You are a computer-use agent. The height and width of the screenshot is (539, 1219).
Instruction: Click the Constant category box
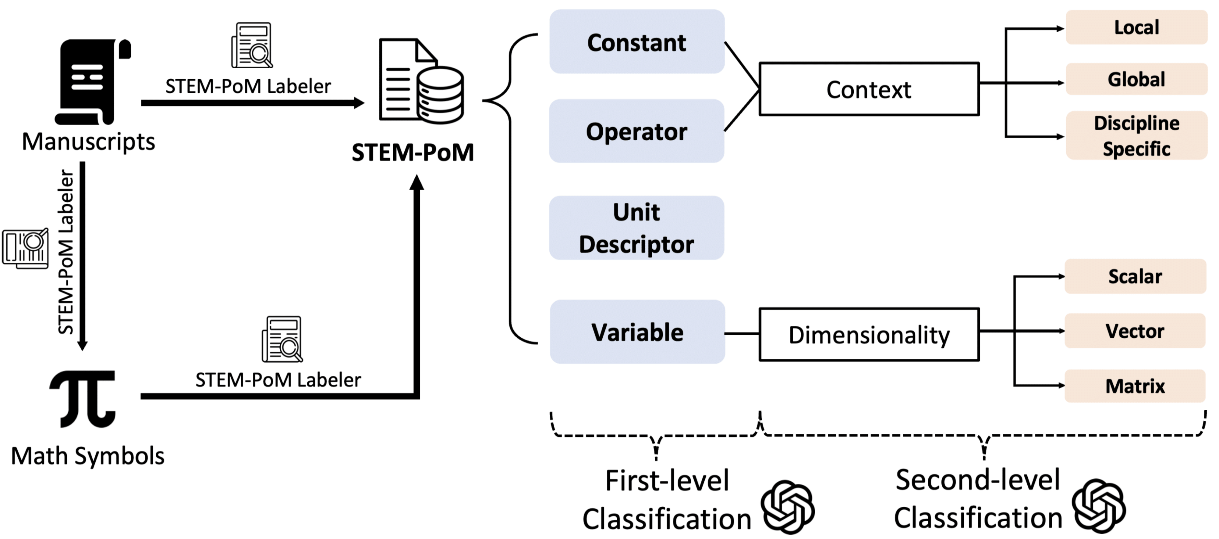tap(636, 42)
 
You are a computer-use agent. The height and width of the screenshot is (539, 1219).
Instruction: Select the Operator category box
tap(636, 131)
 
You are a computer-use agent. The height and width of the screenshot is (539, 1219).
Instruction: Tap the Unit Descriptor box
tap(636, 228)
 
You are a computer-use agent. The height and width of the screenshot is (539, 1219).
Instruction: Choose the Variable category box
tap(637, 332)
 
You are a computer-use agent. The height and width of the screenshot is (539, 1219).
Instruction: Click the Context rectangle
tap(869, 89)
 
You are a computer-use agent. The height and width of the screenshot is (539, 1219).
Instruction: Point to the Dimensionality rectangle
tap(869, 334)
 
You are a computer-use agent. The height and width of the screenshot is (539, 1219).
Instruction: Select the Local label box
tap(1136, 27)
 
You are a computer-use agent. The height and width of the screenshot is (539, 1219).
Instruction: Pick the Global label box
tap(1136, 79)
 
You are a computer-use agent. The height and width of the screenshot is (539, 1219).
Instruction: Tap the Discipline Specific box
tap(1136, 135)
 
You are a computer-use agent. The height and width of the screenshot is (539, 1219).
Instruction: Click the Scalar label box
tap(1135, 276)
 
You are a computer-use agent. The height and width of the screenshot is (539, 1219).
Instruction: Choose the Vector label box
tap(1135, 331)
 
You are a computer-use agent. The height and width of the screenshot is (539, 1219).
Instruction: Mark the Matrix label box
tap(1135, 386)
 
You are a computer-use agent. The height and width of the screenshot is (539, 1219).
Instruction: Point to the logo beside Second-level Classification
tap(1098, 506)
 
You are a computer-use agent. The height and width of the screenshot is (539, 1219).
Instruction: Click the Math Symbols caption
tap(87, 456)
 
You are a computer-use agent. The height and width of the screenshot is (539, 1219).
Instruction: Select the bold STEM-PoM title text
tap(413, 153)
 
